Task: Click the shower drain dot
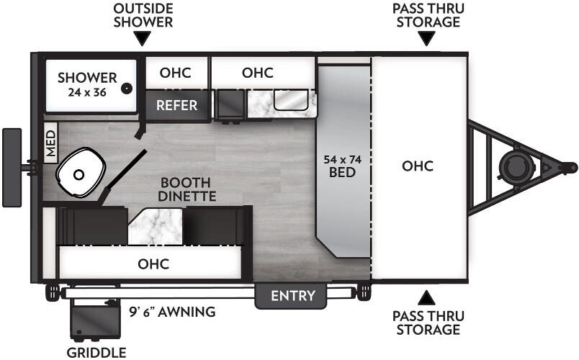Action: (127, 89)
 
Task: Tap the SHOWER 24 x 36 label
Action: (87, 84)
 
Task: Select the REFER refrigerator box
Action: (177, 105)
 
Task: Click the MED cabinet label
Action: (50, 143)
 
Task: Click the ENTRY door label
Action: (292, 296)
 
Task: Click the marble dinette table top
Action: (154, 225)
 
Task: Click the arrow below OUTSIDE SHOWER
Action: (143, 38)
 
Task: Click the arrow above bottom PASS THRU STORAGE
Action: (428, 296)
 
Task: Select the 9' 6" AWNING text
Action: (172, 312)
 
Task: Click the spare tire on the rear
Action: (12, 167)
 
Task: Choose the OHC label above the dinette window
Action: (153, 264)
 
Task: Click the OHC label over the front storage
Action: (418, 166)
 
